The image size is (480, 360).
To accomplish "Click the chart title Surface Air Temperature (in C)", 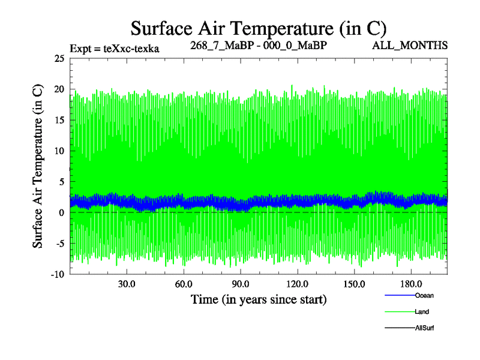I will click(x=258, y=28).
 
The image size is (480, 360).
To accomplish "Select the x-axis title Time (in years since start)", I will click(x=259, y=299).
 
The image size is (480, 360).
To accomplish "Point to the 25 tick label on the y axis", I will click(x=59, y=58).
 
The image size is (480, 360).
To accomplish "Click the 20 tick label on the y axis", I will click(x=59, y=89).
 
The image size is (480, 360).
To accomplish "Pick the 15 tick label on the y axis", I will click(x=59, y=120).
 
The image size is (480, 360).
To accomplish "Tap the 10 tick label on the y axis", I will click(x=59, y=151).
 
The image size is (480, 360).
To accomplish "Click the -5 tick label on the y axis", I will click(x=58, y=244).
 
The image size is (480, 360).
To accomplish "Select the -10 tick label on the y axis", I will click(x=57, y=274).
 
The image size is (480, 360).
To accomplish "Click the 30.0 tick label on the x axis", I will click(x=127, y=284).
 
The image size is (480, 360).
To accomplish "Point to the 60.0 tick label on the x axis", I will click(x=184, y=284).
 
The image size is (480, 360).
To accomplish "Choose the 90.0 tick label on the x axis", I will click(x=241, y=284).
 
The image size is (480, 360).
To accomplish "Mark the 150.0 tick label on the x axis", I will click(x=355, y=284).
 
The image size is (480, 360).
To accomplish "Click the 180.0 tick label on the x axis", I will click(x=412, y=284).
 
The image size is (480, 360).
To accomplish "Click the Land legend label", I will click(x=422, y=311).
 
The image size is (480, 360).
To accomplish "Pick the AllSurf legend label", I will click(x=425, y=328).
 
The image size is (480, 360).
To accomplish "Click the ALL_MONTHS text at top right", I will click(x=418, y=46).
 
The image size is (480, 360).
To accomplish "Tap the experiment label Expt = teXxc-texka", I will click(x=115, y=49).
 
